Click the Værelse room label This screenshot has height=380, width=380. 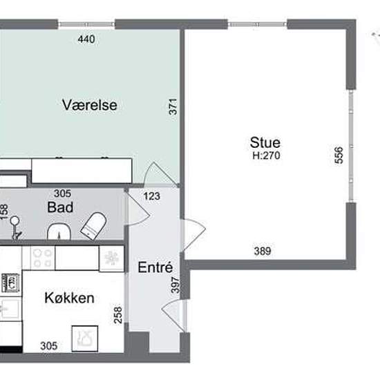tap(90, 105)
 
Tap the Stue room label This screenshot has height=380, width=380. tap(265, 142)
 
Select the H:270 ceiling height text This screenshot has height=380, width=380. tap(266, 155)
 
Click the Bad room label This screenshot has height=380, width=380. tap(60, 207)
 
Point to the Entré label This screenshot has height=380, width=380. tap(155, 267)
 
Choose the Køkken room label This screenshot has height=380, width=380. tap(70, 298)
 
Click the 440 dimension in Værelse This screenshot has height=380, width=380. tap(86, 39)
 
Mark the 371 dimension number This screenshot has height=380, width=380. tap(173, 106)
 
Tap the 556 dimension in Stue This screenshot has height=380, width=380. tap(339, 155)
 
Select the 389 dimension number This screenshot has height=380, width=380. tap(263, 251)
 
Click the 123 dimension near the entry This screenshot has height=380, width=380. tap(152, 196)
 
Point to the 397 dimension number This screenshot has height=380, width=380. tap(175, 285)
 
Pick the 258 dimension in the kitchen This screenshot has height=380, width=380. tap(118, 315)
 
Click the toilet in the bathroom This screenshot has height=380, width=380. tap(94, 226)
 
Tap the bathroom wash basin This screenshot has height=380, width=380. tap(59, 231)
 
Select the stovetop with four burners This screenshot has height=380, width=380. tap(42, 258)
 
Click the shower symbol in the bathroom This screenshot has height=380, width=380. tap(15, 227)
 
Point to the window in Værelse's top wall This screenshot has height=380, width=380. tap(86, 24)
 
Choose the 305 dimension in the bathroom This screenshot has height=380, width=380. tap(62, 193)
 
